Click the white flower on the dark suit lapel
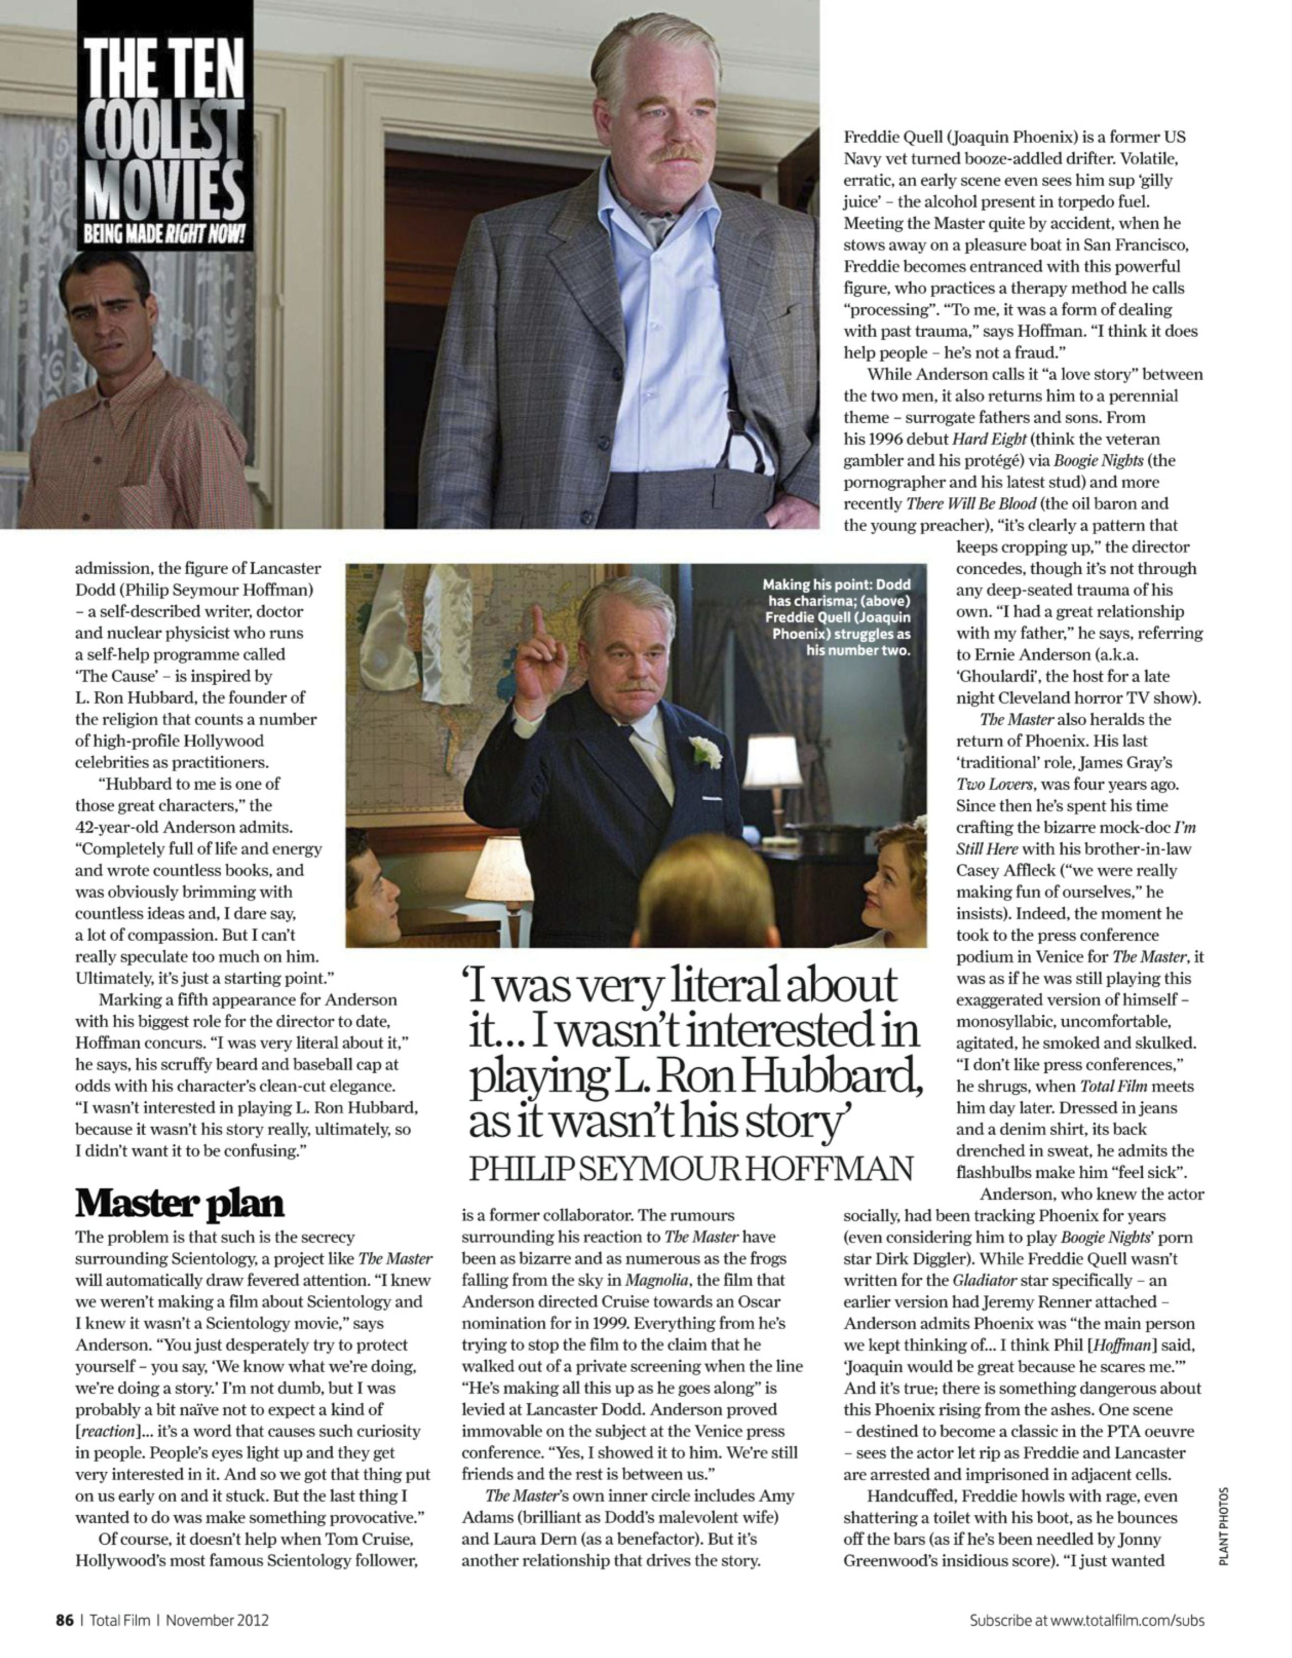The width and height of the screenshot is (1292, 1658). pos(705,751)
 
